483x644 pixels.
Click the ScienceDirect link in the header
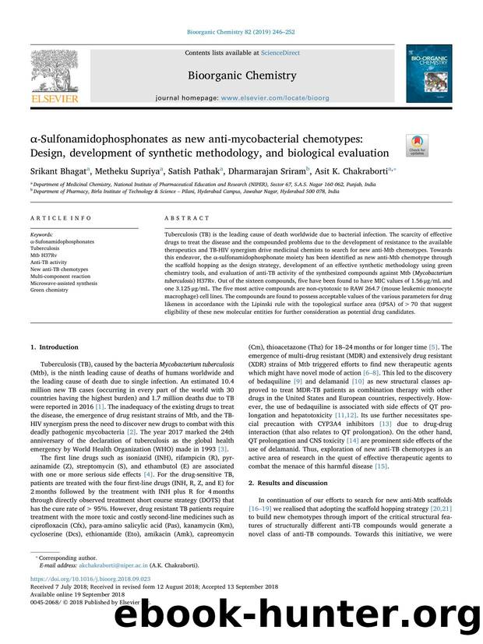[284, 53]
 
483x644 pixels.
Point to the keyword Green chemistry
[55, 289]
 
